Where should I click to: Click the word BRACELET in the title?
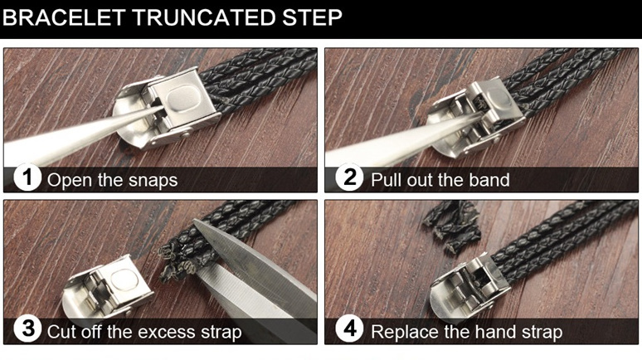coord(64,17)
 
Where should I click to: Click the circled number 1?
coord(27,178)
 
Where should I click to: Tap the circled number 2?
coord(349,178)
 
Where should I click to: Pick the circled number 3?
coord(27,329)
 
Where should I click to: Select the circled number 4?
coord(349,329)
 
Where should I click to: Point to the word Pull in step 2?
coord(383,180)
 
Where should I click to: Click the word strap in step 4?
coord(542,332)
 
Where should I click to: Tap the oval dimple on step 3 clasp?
coord(124,280)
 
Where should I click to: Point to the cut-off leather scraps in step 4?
coord(451,226)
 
